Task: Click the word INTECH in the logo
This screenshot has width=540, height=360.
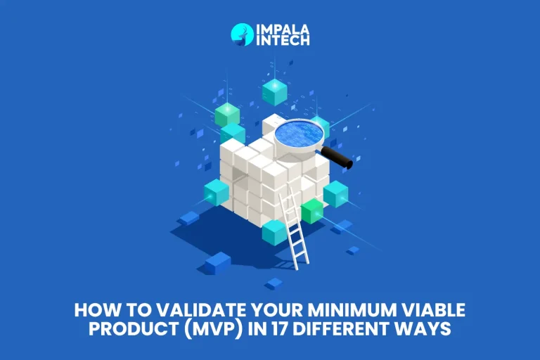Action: (x=282, y=41)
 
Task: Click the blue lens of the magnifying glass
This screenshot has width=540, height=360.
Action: (x=300, y=132)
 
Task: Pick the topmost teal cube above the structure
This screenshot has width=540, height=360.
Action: (x=274, y=92)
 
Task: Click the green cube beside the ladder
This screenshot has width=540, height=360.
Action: (x=311, y=211)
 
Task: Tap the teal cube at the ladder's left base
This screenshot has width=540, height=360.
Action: (x=274, y=232)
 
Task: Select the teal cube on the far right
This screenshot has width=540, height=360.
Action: (x=335, y=193)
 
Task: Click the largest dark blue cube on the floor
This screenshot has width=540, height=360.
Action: (x=218, y=263)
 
